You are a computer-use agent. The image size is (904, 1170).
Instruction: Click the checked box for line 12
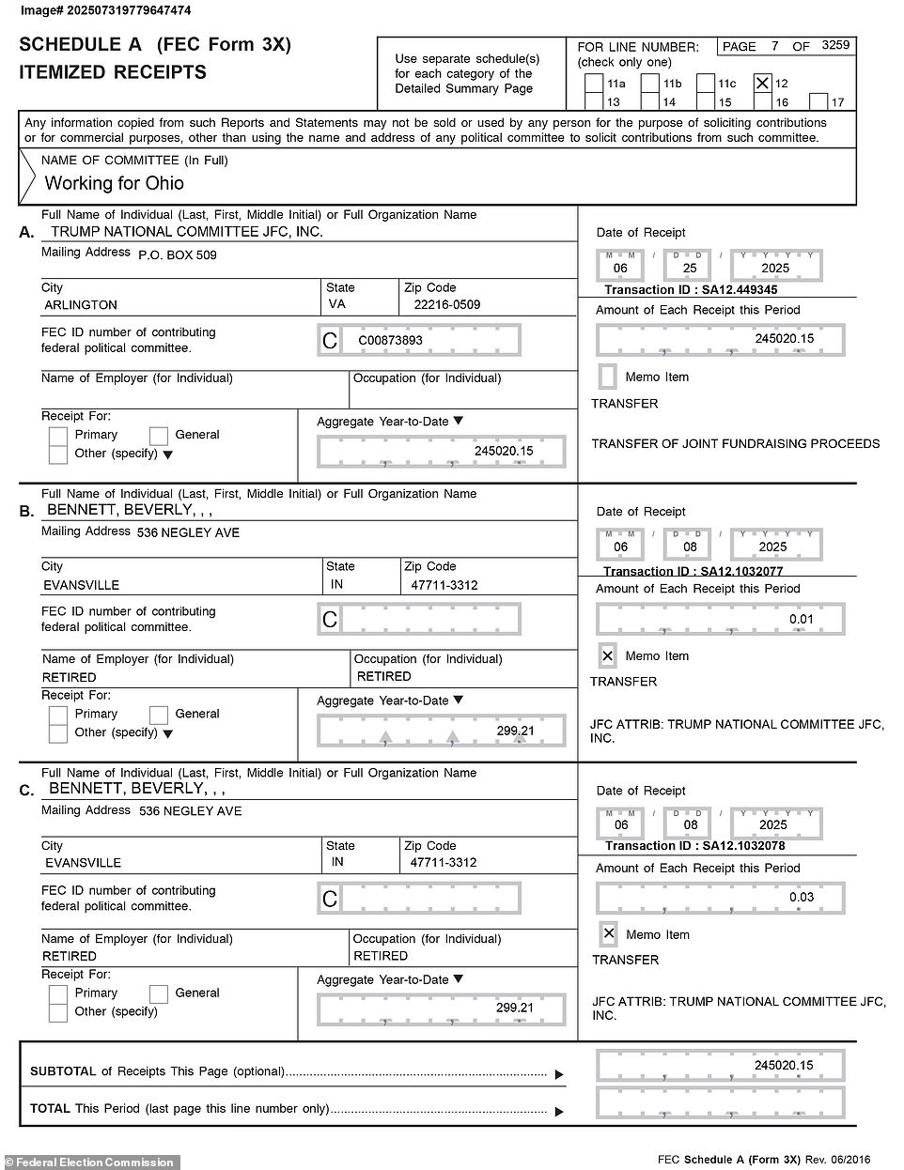tap(762, 84)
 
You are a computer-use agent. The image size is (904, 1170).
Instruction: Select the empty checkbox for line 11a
tap(593, 84)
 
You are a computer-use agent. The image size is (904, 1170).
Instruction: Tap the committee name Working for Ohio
tap(114, 183)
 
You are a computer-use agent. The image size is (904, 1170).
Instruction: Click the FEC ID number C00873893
tap(391, 341)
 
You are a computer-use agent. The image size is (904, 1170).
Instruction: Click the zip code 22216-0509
tap(440, 305)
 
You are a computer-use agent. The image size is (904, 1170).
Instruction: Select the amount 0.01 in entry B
tap(801, 620)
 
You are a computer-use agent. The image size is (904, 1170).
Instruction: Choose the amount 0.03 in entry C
tap(801, 898)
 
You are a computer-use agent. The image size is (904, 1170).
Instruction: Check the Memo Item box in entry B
tap(608, 655)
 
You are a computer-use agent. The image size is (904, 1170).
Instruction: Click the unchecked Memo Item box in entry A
tap(608, 377)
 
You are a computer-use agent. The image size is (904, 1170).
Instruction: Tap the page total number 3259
tap(834, 45)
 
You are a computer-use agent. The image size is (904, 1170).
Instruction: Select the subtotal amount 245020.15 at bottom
tap(783, 1066)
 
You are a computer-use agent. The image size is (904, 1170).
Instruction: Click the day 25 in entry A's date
tap(690, 268)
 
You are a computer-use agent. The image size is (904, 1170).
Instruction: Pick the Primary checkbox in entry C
tap(58, 993)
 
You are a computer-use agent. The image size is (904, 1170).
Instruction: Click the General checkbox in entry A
tap(159, 435)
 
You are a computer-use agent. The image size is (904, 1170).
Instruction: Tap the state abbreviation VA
tap(336, 305)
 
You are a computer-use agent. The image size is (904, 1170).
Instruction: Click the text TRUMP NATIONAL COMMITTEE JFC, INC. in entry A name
tap(186, 232)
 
